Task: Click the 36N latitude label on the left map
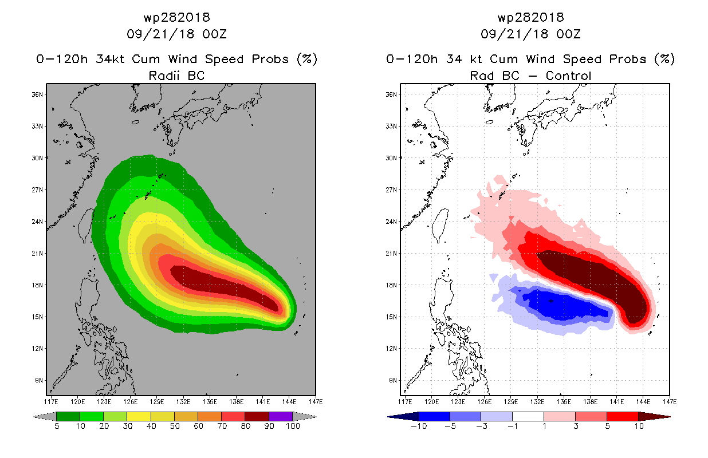pyautogui.click(x=37, y=94)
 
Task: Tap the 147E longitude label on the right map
pyautogui.click(x=670, y=402)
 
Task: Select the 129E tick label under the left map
pyautogui.click(x=157, y=402)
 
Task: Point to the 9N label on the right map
pyautogui.click(x=393, y=381)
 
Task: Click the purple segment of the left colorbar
pyautogui.click(x=281, y=416)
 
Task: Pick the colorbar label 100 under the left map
pyautogui.click(x=293, y=426)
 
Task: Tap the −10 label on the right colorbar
pyautogui.click(x=419, y=426)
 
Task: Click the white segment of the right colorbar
pyautogui.click(x=528, y=416)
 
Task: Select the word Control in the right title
pyautogui.click(x=568, y=76)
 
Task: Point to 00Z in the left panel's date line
pyautogui.click(x=215, y=34)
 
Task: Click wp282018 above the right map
pyautogui.click(x=531, y=17)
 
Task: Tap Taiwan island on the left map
pyautogui.click(x=86, y=225)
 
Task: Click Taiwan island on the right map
pyautogui.click(x=440, y=225)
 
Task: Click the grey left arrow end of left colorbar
pyautogui.click(x=45, y=416)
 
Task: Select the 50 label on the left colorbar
pyautogui.click(x=175, y=426)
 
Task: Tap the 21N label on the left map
pyautogui.click(x=37, y=253)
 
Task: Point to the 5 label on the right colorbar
pyautogui.click(x=608, y=426)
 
